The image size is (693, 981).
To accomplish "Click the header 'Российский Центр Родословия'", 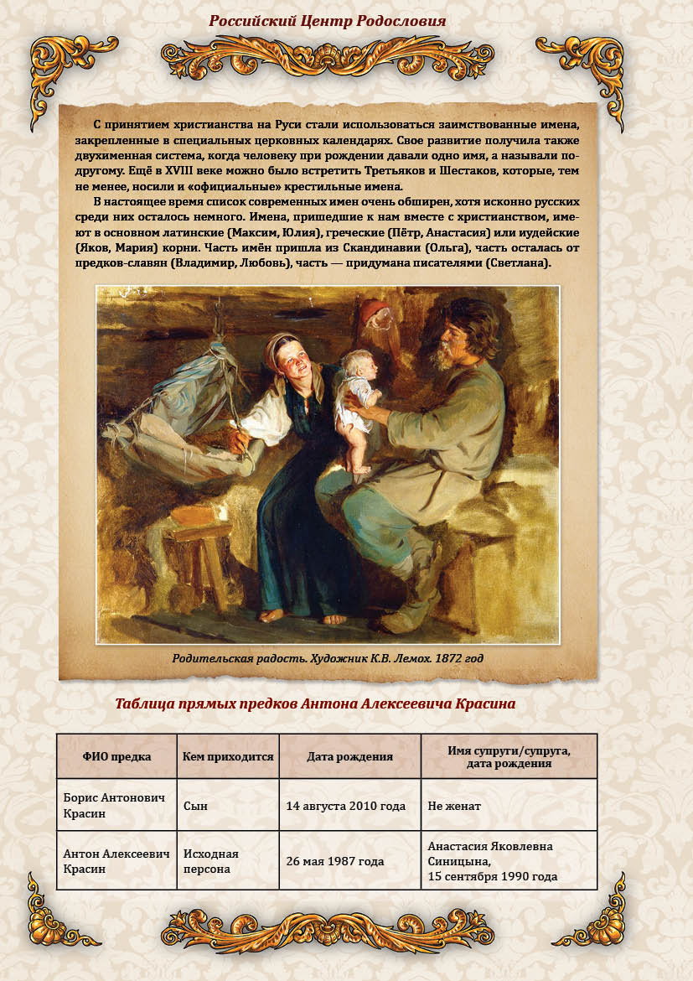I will [x=327, y=20].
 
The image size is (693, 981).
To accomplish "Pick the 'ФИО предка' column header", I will [x=116, y=756].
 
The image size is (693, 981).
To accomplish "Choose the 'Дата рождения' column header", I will [x=349, y=756].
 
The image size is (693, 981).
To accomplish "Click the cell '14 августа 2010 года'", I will [x=345, y=806].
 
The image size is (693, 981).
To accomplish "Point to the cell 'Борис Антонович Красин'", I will [x=114, y=806].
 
